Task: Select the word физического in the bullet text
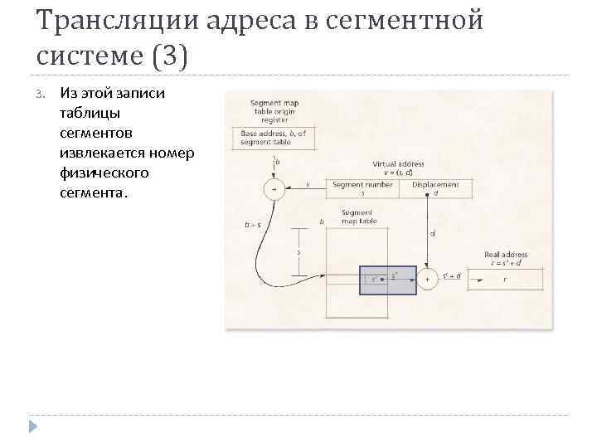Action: tap(104, 173)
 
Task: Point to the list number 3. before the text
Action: tap(42, 94)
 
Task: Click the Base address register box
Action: tap(273, 138)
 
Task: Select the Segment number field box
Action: tap(362, 188)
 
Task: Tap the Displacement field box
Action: tap(436, 188)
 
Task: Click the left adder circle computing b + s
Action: tap(273, 189)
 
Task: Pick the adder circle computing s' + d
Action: tap(427, 280)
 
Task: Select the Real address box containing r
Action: tap(505, 280)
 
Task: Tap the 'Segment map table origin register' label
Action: tap(273, 110)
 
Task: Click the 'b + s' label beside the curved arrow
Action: tap(252, 224)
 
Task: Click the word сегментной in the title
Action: tap(401, 20)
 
